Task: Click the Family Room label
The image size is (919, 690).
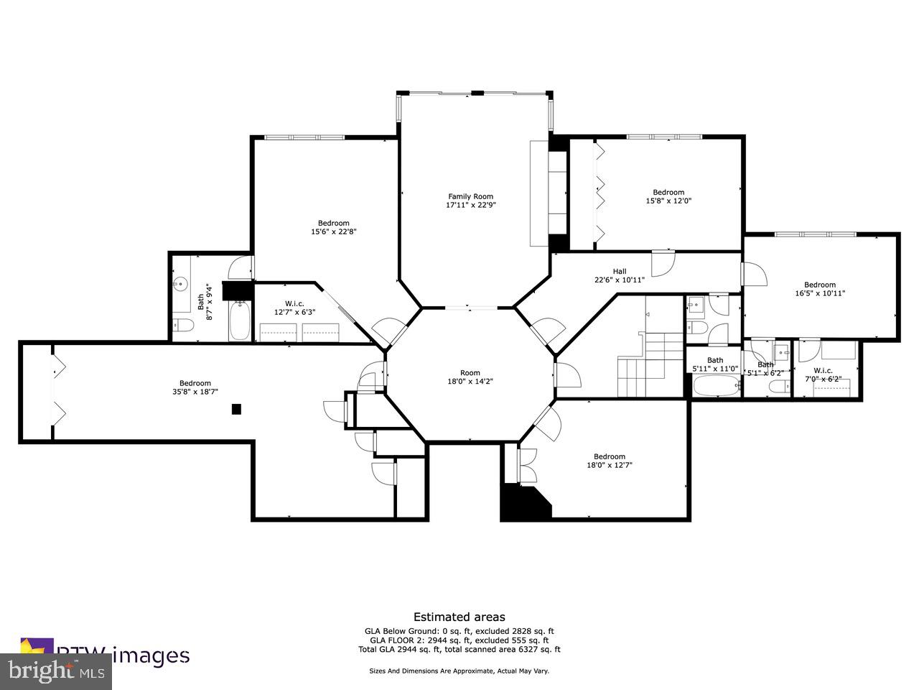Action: pyautogui.click(x=470, y=196)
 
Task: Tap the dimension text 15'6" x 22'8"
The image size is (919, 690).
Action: pyautogui.click(x=334, y=231)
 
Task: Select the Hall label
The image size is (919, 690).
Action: pyautogui.click(x=619, y=271)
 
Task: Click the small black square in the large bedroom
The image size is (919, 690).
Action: pyautogui.click(x=236, y=409)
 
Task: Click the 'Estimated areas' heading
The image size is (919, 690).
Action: pyautogui.click(x=459, y=617)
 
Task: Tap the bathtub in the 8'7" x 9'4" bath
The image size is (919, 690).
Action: pyautogui.click(x=240, y=322)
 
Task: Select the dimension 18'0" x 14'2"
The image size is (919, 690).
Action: pyautogui.click(x=470, y=382)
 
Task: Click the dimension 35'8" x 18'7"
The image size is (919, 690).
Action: pyautogui.click(x=195, y=392)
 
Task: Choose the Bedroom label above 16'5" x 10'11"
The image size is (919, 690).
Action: pyautogui.click(x=819, y=284)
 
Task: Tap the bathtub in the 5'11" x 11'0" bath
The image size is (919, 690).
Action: pyautogui.click(x=714, y=387)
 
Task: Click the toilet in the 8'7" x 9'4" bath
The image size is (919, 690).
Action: pyautogui.click(x=182, y=326)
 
